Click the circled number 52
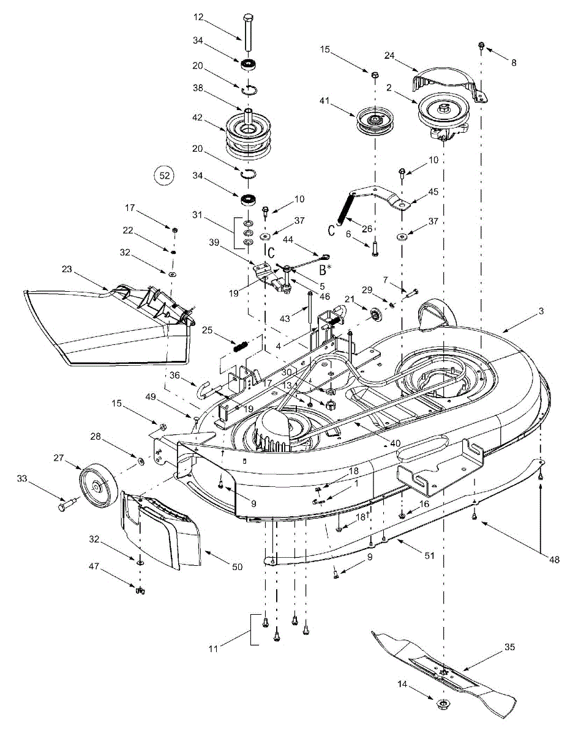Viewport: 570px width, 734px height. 164,176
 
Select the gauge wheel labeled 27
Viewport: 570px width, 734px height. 98,484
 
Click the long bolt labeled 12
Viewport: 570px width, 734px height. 247,33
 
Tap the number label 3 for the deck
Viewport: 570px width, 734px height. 541,311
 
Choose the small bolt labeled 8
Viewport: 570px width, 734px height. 482,45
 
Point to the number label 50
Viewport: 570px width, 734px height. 238,566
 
